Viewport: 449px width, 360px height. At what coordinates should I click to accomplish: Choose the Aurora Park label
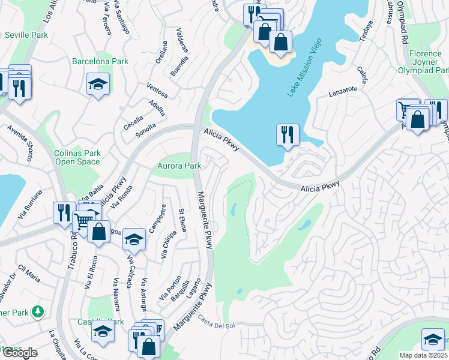point(178,166)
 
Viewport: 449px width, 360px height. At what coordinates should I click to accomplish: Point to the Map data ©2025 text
point(423,355)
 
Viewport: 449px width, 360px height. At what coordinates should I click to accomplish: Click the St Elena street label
point(182,220)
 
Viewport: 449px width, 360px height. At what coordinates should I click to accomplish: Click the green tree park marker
point(37,311)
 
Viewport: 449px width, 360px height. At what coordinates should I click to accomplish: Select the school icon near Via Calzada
point(134,239)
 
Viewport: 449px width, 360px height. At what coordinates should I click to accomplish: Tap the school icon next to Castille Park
point(103,331)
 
